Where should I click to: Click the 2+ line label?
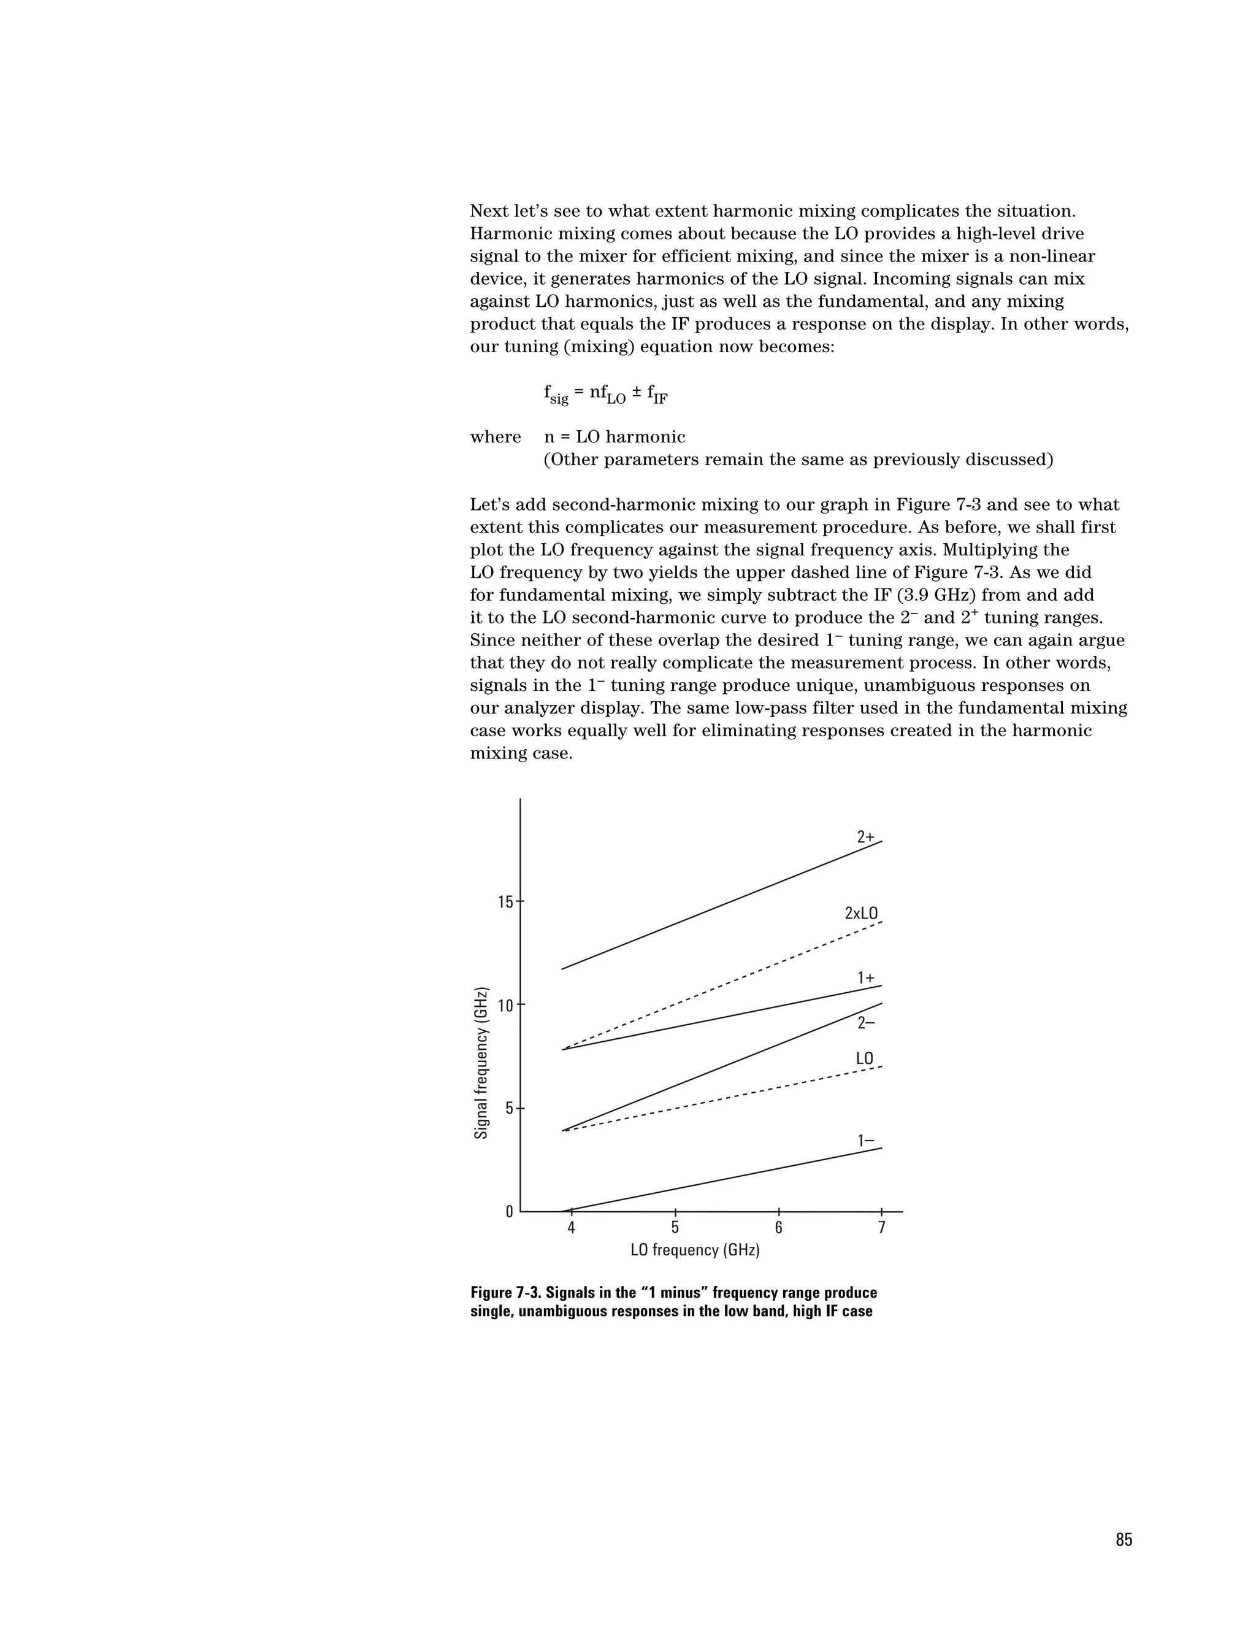[865, 837]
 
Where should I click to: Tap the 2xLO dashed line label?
[861, 913]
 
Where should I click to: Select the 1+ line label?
[865, 978]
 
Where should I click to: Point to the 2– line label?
[865, 1023]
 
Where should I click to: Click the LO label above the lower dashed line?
[864, 1058]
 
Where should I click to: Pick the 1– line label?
[865, 1141]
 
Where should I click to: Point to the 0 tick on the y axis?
[510, 1212]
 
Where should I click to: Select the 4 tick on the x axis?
[572, 1228]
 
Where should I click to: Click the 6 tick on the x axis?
[778, 1228]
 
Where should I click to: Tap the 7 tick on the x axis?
[882, 1228]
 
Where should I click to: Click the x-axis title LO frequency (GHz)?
[695, 1250]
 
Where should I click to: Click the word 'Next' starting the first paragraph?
[491, 212]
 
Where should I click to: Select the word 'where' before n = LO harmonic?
[496, 437]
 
